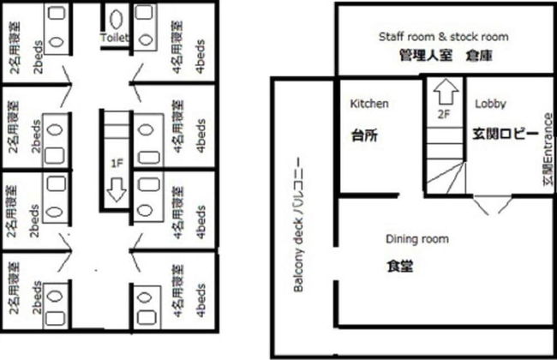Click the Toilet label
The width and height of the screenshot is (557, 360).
[114, 39]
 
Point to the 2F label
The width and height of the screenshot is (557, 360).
[443, 112]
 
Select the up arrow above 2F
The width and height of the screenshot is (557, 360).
[443, 90]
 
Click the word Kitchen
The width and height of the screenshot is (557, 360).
[370, 104]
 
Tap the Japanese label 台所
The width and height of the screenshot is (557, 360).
[365, 135]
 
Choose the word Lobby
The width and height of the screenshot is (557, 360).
[489, 104]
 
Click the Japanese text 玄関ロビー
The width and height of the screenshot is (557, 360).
[505, 135]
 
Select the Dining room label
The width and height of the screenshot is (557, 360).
[416, 239]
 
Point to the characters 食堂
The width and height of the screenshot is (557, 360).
[400, 267]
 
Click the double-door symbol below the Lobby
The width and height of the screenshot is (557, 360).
[489, 206]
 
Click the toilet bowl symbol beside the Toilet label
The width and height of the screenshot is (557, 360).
[116, 16]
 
